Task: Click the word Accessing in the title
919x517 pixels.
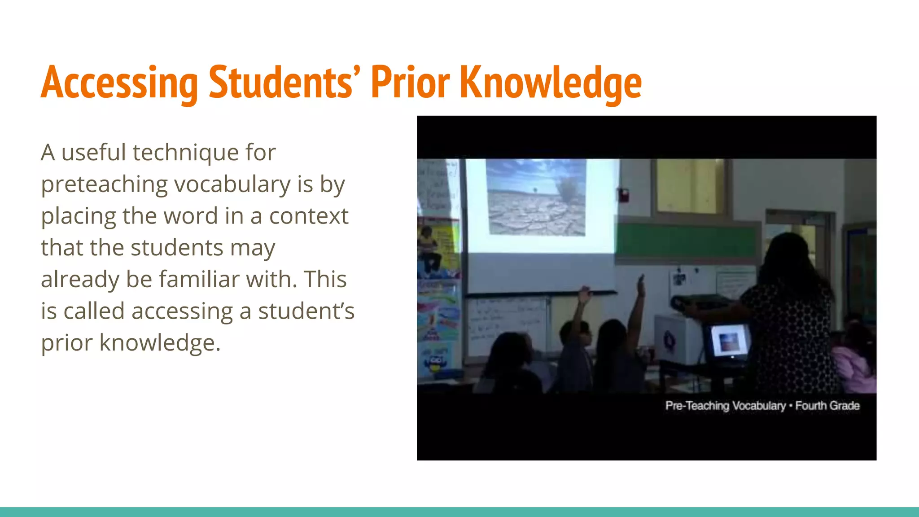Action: (119, 83)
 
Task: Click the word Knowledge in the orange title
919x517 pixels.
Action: (551, 83)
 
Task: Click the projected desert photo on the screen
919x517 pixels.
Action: (536, 197)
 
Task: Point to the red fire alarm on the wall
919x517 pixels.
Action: (623, 195)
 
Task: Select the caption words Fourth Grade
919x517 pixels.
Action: (827, 406)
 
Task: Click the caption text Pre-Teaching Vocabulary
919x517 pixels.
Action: (725, 406)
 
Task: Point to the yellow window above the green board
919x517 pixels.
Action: (690, 186)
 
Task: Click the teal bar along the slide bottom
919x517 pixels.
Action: (459, 512)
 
